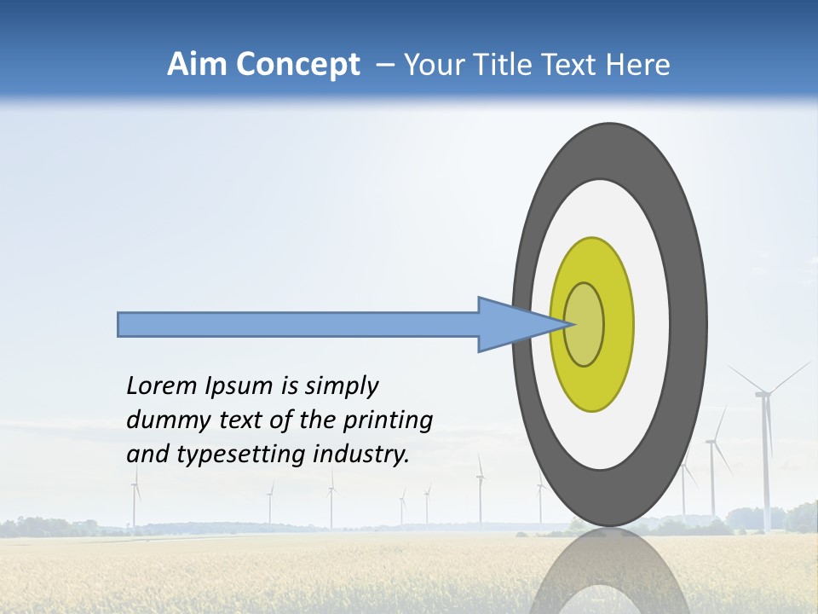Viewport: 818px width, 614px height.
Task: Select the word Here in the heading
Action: (x=640, y=65)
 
